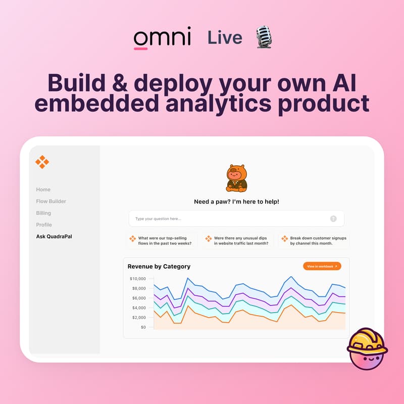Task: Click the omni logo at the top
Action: click(162, 38)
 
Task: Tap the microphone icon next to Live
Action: click(264, 37)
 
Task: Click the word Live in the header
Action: click(225, 38)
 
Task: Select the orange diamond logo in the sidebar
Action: click(42, 162)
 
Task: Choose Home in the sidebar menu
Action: click(43, 189)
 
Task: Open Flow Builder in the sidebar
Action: click(51, 201)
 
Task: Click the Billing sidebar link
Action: click(43, 213)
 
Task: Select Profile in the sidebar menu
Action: click(44, 225)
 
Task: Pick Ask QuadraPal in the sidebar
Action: click(54, 236)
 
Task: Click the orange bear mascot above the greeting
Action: click(236, 178)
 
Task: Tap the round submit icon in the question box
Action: click(333, 219)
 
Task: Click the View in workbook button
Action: click(322, 266)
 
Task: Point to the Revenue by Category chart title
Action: click(159, 266)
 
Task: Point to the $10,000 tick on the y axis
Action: click(137, 279)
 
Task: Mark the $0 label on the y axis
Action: click(142, 327)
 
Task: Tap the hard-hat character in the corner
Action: click(367, 348)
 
